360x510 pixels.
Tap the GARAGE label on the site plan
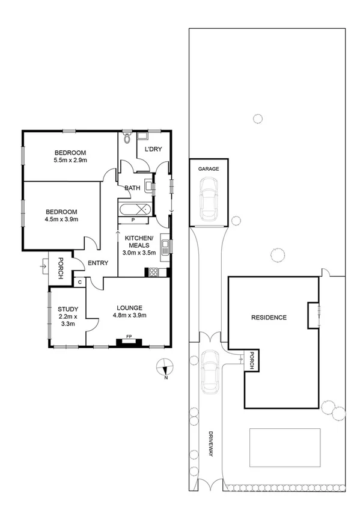[209, 170]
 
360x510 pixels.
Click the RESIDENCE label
[269, 318]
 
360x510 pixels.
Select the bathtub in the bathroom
[135, 210]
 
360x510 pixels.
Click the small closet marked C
[79, 281]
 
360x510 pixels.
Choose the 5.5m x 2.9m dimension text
[70, 161]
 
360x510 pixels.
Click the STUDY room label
[67, 310]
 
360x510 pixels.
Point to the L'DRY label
[153, 150]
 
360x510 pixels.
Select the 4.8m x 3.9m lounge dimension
[131, 315]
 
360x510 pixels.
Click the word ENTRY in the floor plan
[97, 263]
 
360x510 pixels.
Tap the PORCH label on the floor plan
[60, 268]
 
